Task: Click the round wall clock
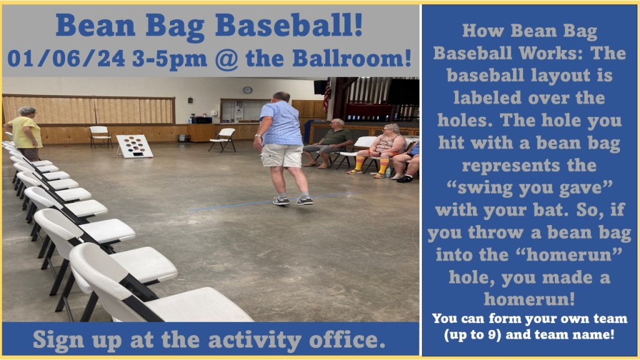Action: (247, 90)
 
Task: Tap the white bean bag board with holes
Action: (135, 146)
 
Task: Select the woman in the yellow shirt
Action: (25, 133)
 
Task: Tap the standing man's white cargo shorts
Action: (282, 156)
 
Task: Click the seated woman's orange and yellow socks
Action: (371, 164)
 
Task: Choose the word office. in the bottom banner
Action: (347, 339)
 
